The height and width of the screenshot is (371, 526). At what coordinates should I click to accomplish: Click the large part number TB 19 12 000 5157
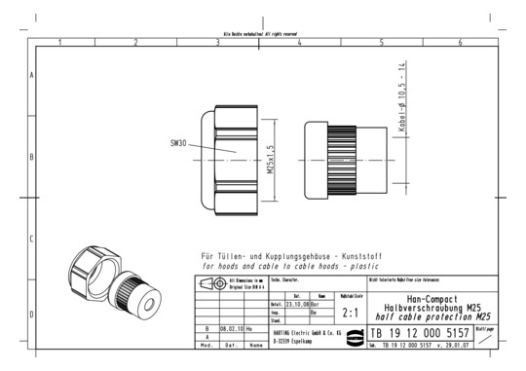[420, 333]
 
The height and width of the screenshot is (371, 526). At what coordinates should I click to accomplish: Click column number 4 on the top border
[299, 42]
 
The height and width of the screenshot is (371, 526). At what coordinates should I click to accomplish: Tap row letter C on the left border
[32, 238]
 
